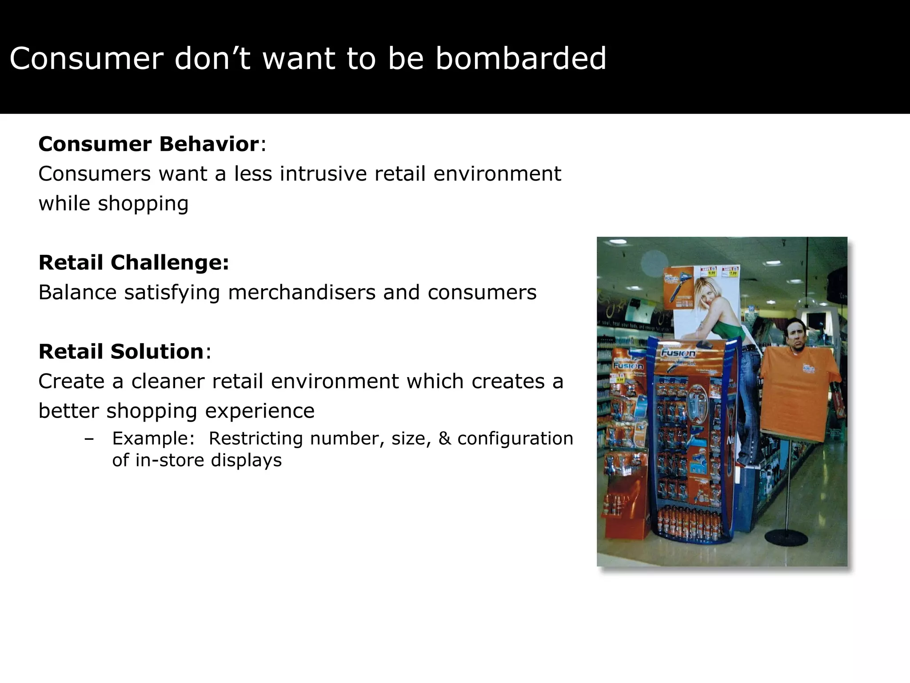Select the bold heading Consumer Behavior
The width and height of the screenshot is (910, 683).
coord(148,144)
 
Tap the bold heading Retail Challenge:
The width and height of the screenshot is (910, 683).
coord(134,262)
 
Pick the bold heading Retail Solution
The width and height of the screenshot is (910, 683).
coord(121,351)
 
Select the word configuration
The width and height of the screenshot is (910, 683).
coord(515,438)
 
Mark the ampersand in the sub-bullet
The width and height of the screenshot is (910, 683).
coord(444,438)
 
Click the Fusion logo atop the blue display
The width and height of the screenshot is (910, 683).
coord(677,354)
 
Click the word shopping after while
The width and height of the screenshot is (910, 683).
coord(143,204)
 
